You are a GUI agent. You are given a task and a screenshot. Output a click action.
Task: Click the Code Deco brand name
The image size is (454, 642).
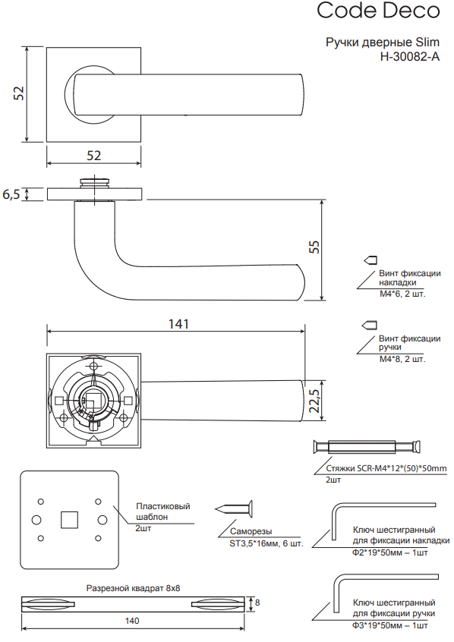378,11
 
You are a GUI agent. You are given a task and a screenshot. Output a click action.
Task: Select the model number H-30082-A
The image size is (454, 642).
410,56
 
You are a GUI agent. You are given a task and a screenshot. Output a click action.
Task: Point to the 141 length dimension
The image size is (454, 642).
178,324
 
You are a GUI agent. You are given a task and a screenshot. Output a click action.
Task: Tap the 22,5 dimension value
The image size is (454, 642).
314,401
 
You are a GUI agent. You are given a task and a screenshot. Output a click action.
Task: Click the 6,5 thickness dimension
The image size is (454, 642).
11,194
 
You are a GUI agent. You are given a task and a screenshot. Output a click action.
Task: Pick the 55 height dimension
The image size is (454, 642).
314,247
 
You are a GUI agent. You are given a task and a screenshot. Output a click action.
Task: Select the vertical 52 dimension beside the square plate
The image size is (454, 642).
19,93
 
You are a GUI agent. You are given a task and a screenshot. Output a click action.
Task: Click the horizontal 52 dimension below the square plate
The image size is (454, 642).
94,156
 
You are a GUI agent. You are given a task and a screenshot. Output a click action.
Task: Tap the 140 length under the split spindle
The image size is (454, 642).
132,621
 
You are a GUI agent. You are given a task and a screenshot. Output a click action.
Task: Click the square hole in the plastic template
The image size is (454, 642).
69,520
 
